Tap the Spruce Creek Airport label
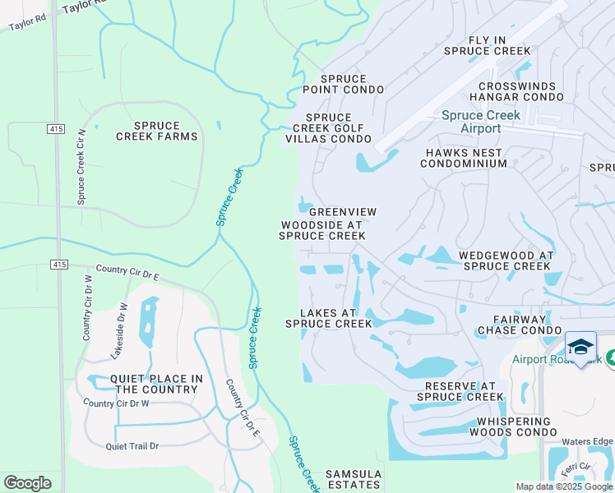tap(481, 122)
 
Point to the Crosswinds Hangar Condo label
tap(509, 91)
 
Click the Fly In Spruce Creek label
tap(487, 45)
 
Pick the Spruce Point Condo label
tap(344, 84)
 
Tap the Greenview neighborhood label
tap(343, 212)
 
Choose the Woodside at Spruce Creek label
tap(322, 230)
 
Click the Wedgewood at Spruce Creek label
tap(505, 261)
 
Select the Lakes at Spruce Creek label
tap(328, 318)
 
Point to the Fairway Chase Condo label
tap(520, 325)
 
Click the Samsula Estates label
tap(354, 480)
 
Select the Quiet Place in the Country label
tap(145, 384)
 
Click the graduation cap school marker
tap(580, 348)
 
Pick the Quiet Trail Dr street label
tap(132, 446)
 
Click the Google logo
tap(27, 483)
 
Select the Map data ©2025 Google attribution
tap(563, 486)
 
